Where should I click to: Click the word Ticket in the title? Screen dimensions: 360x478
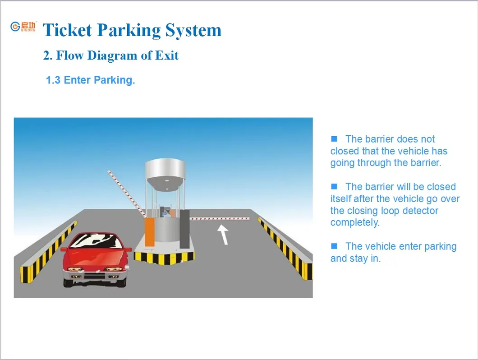67,30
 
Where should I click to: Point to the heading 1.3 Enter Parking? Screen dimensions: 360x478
90,80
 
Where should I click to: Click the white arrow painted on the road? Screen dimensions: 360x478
223,234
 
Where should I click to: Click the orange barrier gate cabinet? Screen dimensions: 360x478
149,232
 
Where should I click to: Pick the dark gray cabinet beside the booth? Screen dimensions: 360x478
184,230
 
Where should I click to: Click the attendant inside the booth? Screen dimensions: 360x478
167,212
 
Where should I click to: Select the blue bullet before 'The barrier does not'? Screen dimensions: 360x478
334,138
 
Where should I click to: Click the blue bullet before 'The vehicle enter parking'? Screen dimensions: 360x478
334,246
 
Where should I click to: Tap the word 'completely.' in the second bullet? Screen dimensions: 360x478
355,222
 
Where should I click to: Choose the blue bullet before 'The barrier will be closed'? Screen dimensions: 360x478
334,186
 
